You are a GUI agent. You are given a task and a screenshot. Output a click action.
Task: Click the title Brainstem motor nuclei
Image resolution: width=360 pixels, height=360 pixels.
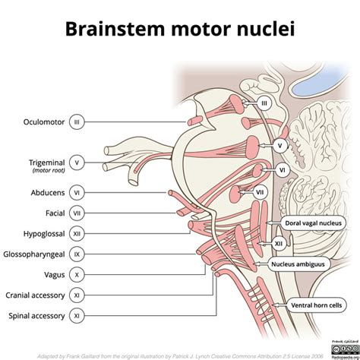(179, 30)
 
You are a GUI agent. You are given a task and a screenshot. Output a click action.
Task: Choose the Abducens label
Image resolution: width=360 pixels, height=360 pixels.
(44, 193)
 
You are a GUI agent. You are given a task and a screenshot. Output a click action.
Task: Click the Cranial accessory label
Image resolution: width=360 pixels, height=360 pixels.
(33, 295)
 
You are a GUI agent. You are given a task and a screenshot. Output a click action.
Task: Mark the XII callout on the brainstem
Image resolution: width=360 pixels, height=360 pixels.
(279, 244)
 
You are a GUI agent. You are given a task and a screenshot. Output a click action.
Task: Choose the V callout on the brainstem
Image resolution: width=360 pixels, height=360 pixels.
(281, 144)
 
